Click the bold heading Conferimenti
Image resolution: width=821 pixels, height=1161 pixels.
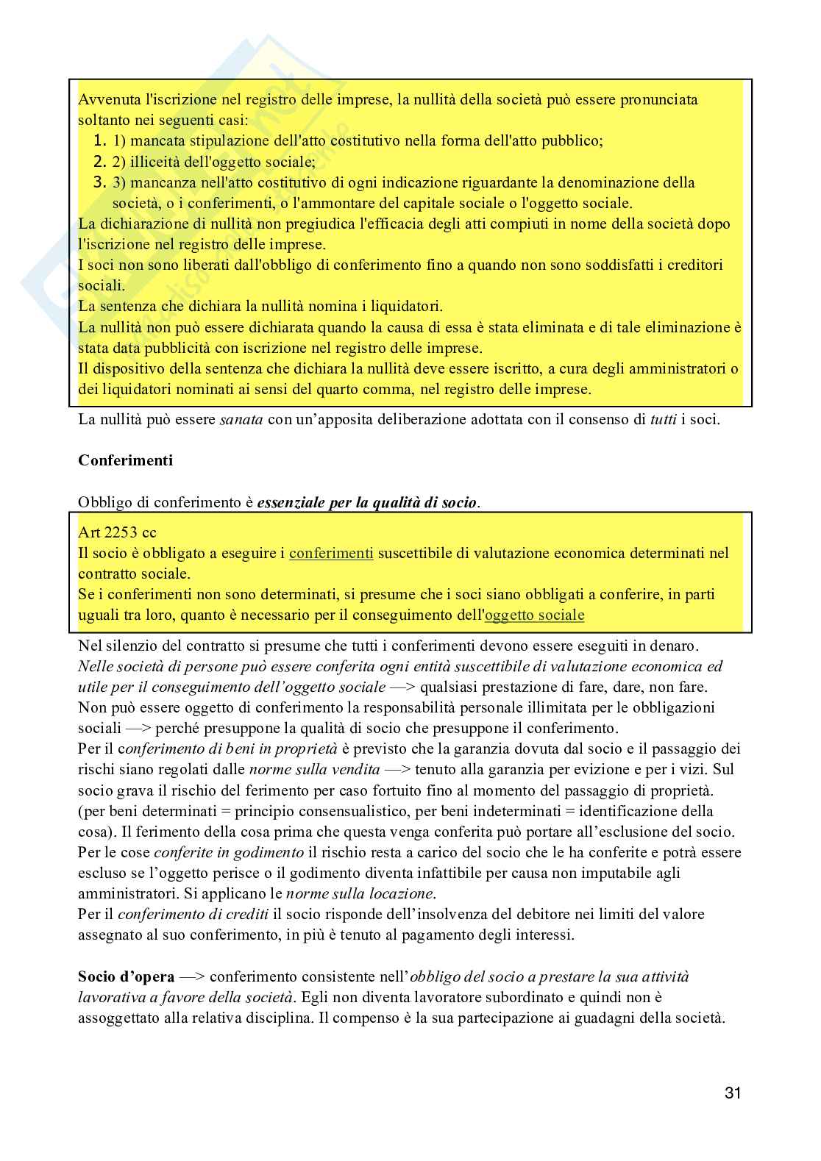pos(125,461)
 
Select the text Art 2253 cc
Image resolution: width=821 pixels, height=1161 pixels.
pos(117,532)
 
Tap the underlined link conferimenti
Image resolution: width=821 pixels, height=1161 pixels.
pos(331,553)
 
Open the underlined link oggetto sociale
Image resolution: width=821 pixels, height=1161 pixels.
pos(535,615)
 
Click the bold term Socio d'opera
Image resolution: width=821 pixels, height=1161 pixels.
pos(126,977)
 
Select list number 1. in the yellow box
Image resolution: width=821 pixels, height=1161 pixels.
pos(102,140)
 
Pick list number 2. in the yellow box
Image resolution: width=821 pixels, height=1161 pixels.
pos(102,161)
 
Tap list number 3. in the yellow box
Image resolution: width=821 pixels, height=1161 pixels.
pos(102,182)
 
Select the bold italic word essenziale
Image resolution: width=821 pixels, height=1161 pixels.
pos(292,503)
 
